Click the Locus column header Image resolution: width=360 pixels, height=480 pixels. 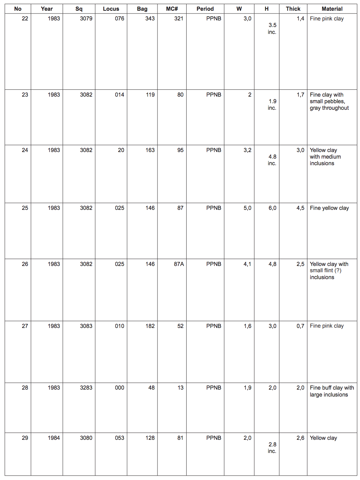point(111,9)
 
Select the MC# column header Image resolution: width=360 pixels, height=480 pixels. point(172,9)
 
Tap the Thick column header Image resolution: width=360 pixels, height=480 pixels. point(293,9)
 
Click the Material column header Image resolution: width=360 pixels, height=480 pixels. point(332,9)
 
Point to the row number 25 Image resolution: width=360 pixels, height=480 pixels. point(25,208)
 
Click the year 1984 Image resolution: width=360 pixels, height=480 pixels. point(54,438)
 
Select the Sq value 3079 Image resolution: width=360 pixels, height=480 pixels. point(86,19)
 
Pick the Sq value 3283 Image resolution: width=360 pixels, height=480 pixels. point(86,388)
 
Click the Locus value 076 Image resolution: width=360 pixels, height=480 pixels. point(119,19)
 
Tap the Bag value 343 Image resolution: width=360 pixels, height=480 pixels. point(150,19)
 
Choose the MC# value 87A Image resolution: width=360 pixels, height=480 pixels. point(179,264)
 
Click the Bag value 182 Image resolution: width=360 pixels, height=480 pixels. point(150,326)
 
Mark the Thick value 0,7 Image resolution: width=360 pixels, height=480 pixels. point(300,326)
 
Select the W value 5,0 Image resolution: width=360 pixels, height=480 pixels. point(247,208)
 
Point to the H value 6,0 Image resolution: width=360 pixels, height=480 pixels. point(272,208)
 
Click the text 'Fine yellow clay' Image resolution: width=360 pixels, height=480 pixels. point(329,208)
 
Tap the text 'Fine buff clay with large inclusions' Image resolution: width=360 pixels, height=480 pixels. point(331,391)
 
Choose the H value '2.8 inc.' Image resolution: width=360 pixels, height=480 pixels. point(272,448)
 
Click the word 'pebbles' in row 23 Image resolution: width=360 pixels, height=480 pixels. point(334,101)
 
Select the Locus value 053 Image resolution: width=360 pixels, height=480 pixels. point(119,438)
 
